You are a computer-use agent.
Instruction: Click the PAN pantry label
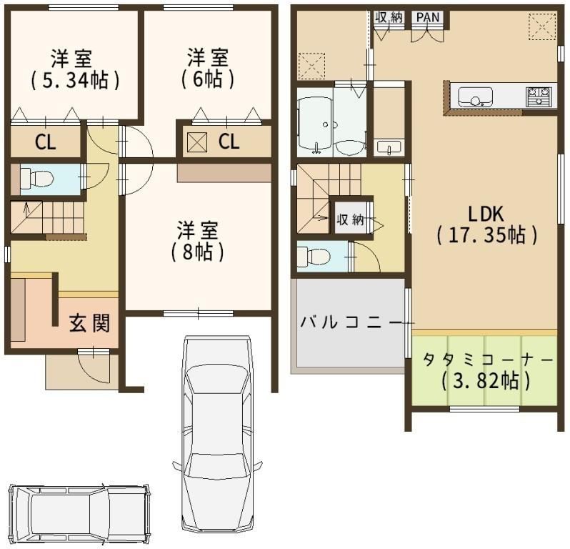pyautogui.click(x=428, y=17)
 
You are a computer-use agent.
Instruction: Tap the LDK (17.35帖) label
pyautogui.click(x=486, y=224)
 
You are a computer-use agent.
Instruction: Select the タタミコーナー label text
pyautogui.click(x=486, y=360)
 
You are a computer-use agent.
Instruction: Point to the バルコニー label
pyautogui.click(x=351, y=322)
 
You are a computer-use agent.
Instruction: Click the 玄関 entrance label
pyautogui.click(x=89, y=322)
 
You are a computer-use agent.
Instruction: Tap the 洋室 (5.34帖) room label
pyautogui.click(x=75, y=69)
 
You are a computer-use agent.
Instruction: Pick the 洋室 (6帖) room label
pyautogui.click(x=208, y=68)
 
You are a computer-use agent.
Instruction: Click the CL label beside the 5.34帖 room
pyautogui.click(x=46, y=142)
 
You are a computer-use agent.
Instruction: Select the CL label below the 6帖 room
pyautogui.click(x=229, y=141)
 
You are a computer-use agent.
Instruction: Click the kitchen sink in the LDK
pyautogui.click(x=475, y=97)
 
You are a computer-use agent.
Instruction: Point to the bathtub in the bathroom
pyautogui.click(x=315, y=121)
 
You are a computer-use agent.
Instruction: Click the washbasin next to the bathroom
pyautogui.click(x=389, y=147)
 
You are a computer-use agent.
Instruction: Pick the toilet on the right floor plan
pyautogui.click(x=313, y=257)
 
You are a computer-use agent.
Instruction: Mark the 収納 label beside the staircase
pyautogui.click(x=351, y=219)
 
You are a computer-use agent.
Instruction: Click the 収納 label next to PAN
pyautogui.click(x=390, y=17)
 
